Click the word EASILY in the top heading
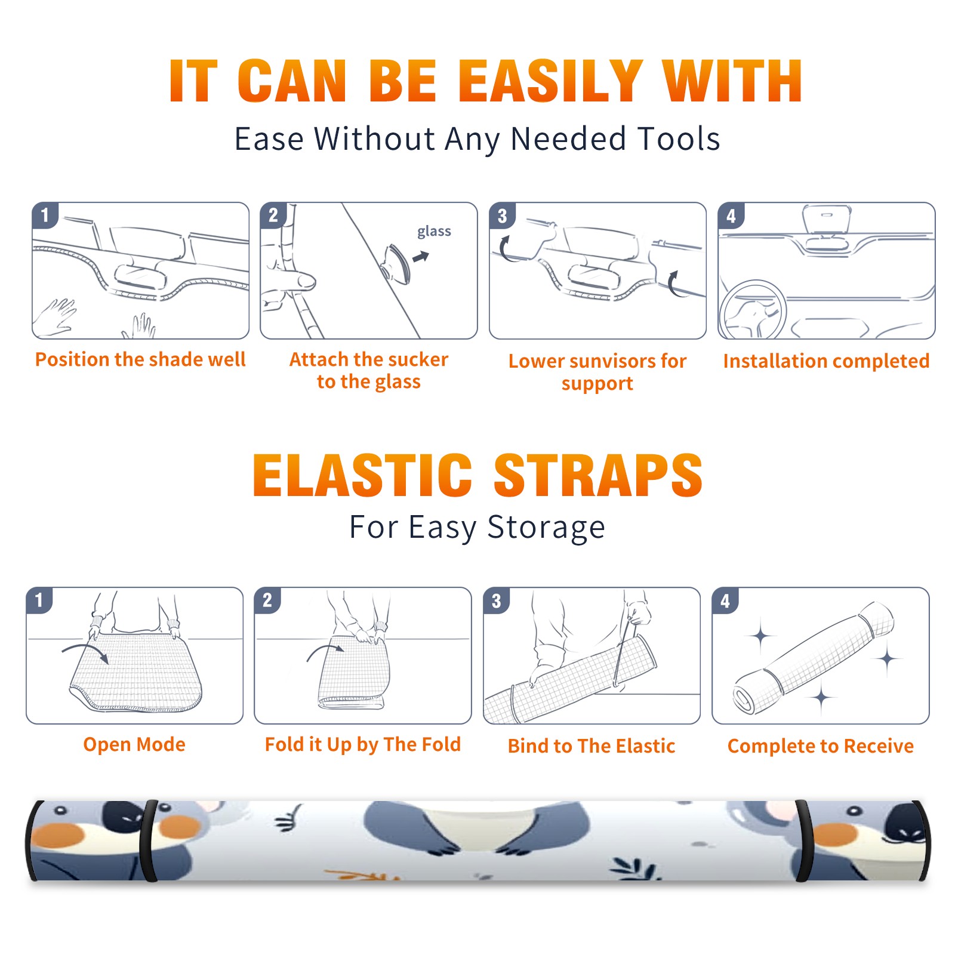click(x=551, y=81)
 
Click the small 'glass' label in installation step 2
click(x=434, y=232)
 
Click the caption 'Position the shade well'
click(x=140, y=359)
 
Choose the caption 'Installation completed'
click(x=826, y=361)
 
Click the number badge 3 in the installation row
click(x=503, y=215)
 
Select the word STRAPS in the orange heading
click(x=598, y=475)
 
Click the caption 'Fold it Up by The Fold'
click(x=362, y=744)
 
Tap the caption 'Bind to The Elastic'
click(x=591, y=746)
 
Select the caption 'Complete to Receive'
click(x=820, y=746)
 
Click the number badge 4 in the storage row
click(x=725, y=600)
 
